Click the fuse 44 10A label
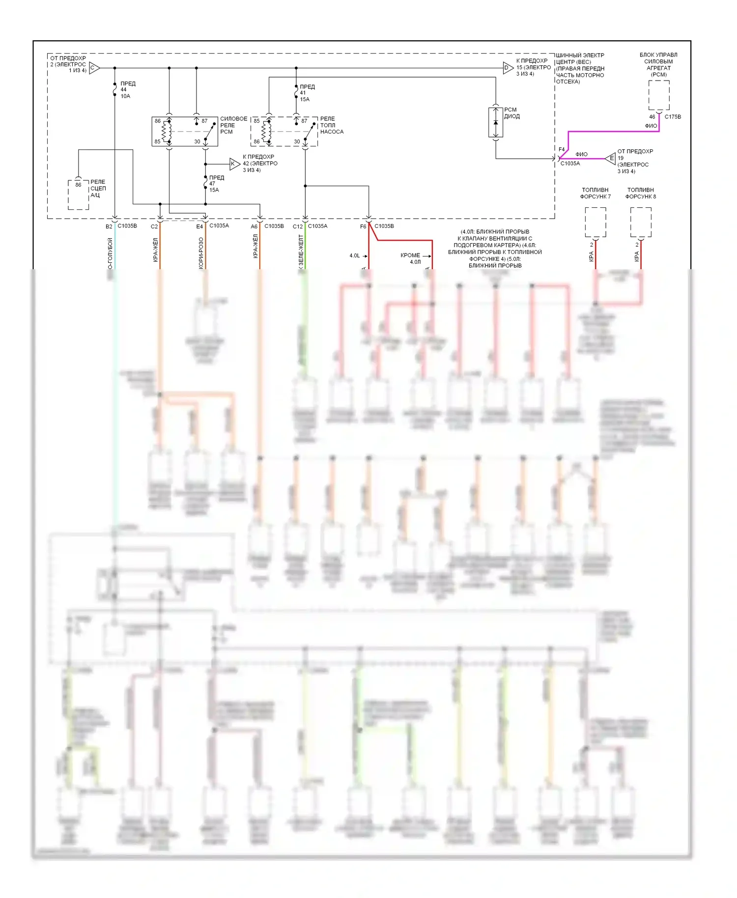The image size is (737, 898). [x=127, y=90]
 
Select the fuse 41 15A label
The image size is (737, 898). [x=306, y=93]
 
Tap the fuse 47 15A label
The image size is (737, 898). [x=216, y=184]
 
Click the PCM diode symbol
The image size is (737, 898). [x=496, y=122]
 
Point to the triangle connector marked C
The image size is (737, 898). [x=94, y=68]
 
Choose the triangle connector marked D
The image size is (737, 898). [x=508, y=68]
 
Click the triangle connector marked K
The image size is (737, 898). [x=234, y=164]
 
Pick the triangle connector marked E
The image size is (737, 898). [x=610, y=158]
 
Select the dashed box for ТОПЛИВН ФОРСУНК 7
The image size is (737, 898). [x=595, y=222]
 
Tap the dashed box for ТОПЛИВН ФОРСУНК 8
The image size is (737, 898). [x=641, y=222]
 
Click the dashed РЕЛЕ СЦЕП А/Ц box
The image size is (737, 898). [x=79, y=195]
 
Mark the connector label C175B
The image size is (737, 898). [x=673, y=117]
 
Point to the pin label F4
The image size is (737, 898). [x=562, y=149]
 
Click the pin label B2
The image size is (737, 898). [x=109, y=226]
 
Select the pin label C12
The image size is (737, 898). [x=297, y=226]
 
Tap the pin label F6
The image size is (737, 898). [x=363, y=226]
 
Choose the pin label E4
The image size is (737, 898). [x=199, y=226]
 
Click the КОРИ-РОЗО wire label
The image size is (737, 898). [x=201, y=253]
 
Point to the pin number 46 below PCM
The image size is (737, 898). [x=652, y=117]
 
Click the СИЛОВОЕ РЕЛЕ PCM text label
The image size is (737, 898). [x=233, y=125]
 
